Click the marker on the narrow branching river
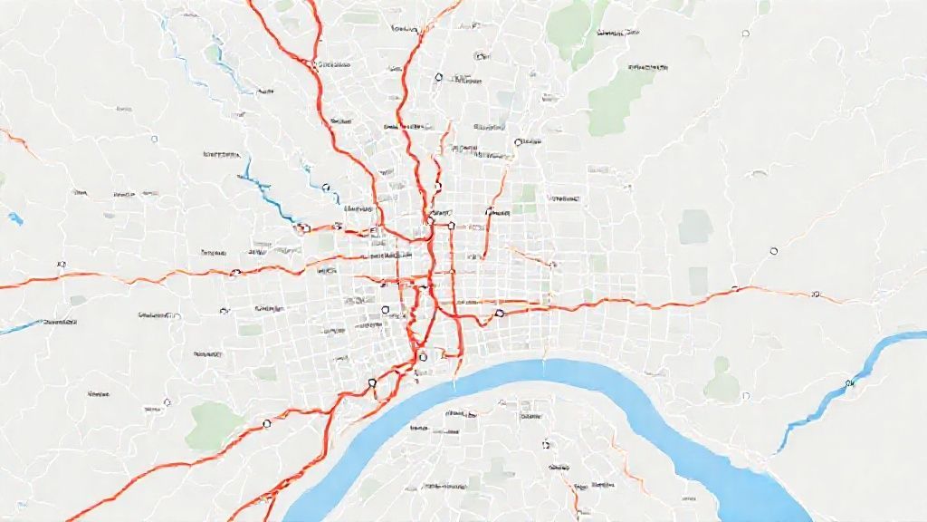tap(849, 384)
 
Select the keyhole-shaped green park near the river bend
tap(722, 381)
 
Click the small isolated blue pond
tap(14, 218)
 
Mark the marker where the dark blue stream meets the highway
tap(301, 228)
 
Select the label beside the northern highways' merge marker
tap(336, 65)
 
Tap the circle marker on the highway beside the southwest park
tap(266, 422)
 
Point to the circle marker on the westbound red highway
tap(234, 272)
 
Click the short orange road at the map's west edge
tap(18, 140)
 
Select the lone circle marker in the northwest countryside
tap(154, 140)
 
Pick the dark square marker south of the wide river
tap(546, 445)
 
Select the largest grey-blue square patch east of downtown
tap(695, 227)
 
